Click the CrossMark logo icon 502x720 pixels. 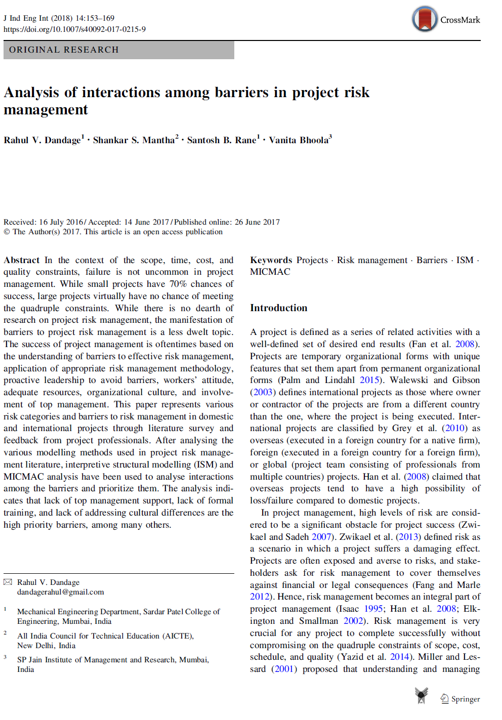(x=425, y=19)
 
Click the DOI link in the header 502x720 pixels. (x=74, y=29)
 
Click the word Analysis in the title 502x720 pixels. (x=31, y=93)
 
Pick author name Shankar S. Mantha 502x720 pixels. (x=134, y=140)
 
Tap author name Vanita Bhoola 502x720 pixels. (x=299, y=140)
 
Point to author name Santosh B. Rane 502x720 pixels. (x=222, y=140)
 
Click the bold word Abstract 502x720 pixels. (x=21, y=260)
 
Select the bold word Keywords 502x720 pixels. (x=271, y=260)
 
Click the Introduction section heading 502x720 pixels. (x=278, y=308)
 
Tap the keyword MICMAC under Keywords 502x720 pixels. (x=270, y=272)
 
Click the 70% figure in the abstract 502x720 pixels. (x=178, y=284)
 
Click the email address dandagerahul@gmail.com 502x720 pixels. (x=60, y=592)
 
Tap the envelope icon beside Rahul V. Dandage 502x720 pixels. (x=8, y=582)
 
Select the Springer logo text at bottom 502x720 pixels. (x=465, y=699)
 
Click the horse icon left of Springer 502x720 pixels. (x=421, y=696)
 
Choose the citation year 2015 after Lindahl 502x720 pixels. (x=370, y=380)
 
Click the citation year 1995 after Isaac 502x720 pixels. (x=373, y=609)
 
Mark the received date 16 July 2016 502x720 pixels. (x=61, y=222)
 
